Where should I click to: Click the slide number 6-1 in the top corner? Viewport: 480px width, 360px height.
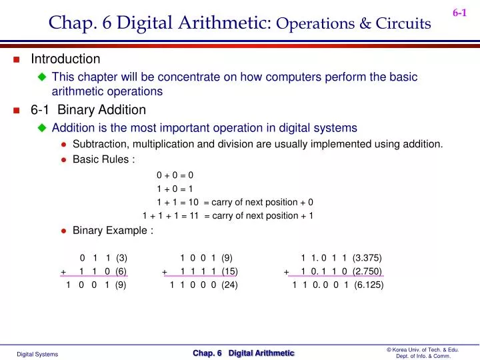pyautogui.click(x=459, y=13)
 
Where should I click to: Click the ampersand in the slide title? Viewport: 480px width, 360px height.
pyautogui.click(x=365, y=23)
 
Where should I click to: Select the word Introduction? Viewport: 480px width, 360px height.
pyautogui.click(x=65, y=59)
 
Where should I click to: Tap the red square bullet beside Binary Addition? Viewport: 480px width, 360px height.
pyautogui.click(x=17, y=110)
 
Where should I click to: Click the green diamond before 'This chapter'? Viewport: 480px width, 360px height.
pyautogui.click(x=42, y=77)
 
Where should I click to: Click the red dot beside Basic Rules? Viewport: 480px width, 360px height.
pyautogui.click(x=64, y=160)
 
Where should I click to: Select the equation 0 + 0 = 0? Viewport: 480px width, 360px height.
pyautogui.click(x=175, y=175)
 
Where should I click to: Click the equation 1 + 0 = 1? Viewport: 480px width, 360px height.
pyautogui.click(x=175, y=189)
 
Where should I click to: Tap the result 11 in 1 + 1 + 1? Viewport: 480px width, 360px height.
pyautogui.click(x=194, y=216)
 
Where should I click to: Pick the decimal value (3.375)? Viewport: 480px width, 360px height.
pyautogui.click(x=367, y=258)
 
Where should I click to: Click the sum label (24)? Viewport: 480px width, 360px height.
pyautogui.click(x=229, y=285)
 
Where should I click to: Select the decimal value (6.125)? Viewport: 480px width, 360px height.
pyautogui.click(x=369, y=285)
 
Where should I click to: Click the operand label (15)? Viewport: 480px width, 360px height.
pyautogui.click(x=229, y=271)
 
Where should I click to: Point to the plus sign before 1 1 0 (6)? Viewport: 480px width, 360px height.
pyautogui.click(x=63, y=272)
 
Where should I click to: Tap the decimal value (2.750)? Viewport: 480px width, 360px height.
pyautogui.click(x=367, y=271)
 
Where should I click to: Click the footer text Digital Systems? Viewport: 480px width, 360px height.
pyautogui.click(x=37, y=354)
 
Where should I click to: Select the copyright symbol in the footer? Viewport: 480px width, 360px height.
pyautogui.click(x=389, y=349)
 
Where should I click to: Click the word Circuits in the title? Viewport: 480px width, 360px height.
pyautogui.click(x=403, y=23)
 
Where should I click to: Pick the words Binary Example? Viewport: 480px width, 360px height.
pyautogui.click(x=110, y=231)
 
